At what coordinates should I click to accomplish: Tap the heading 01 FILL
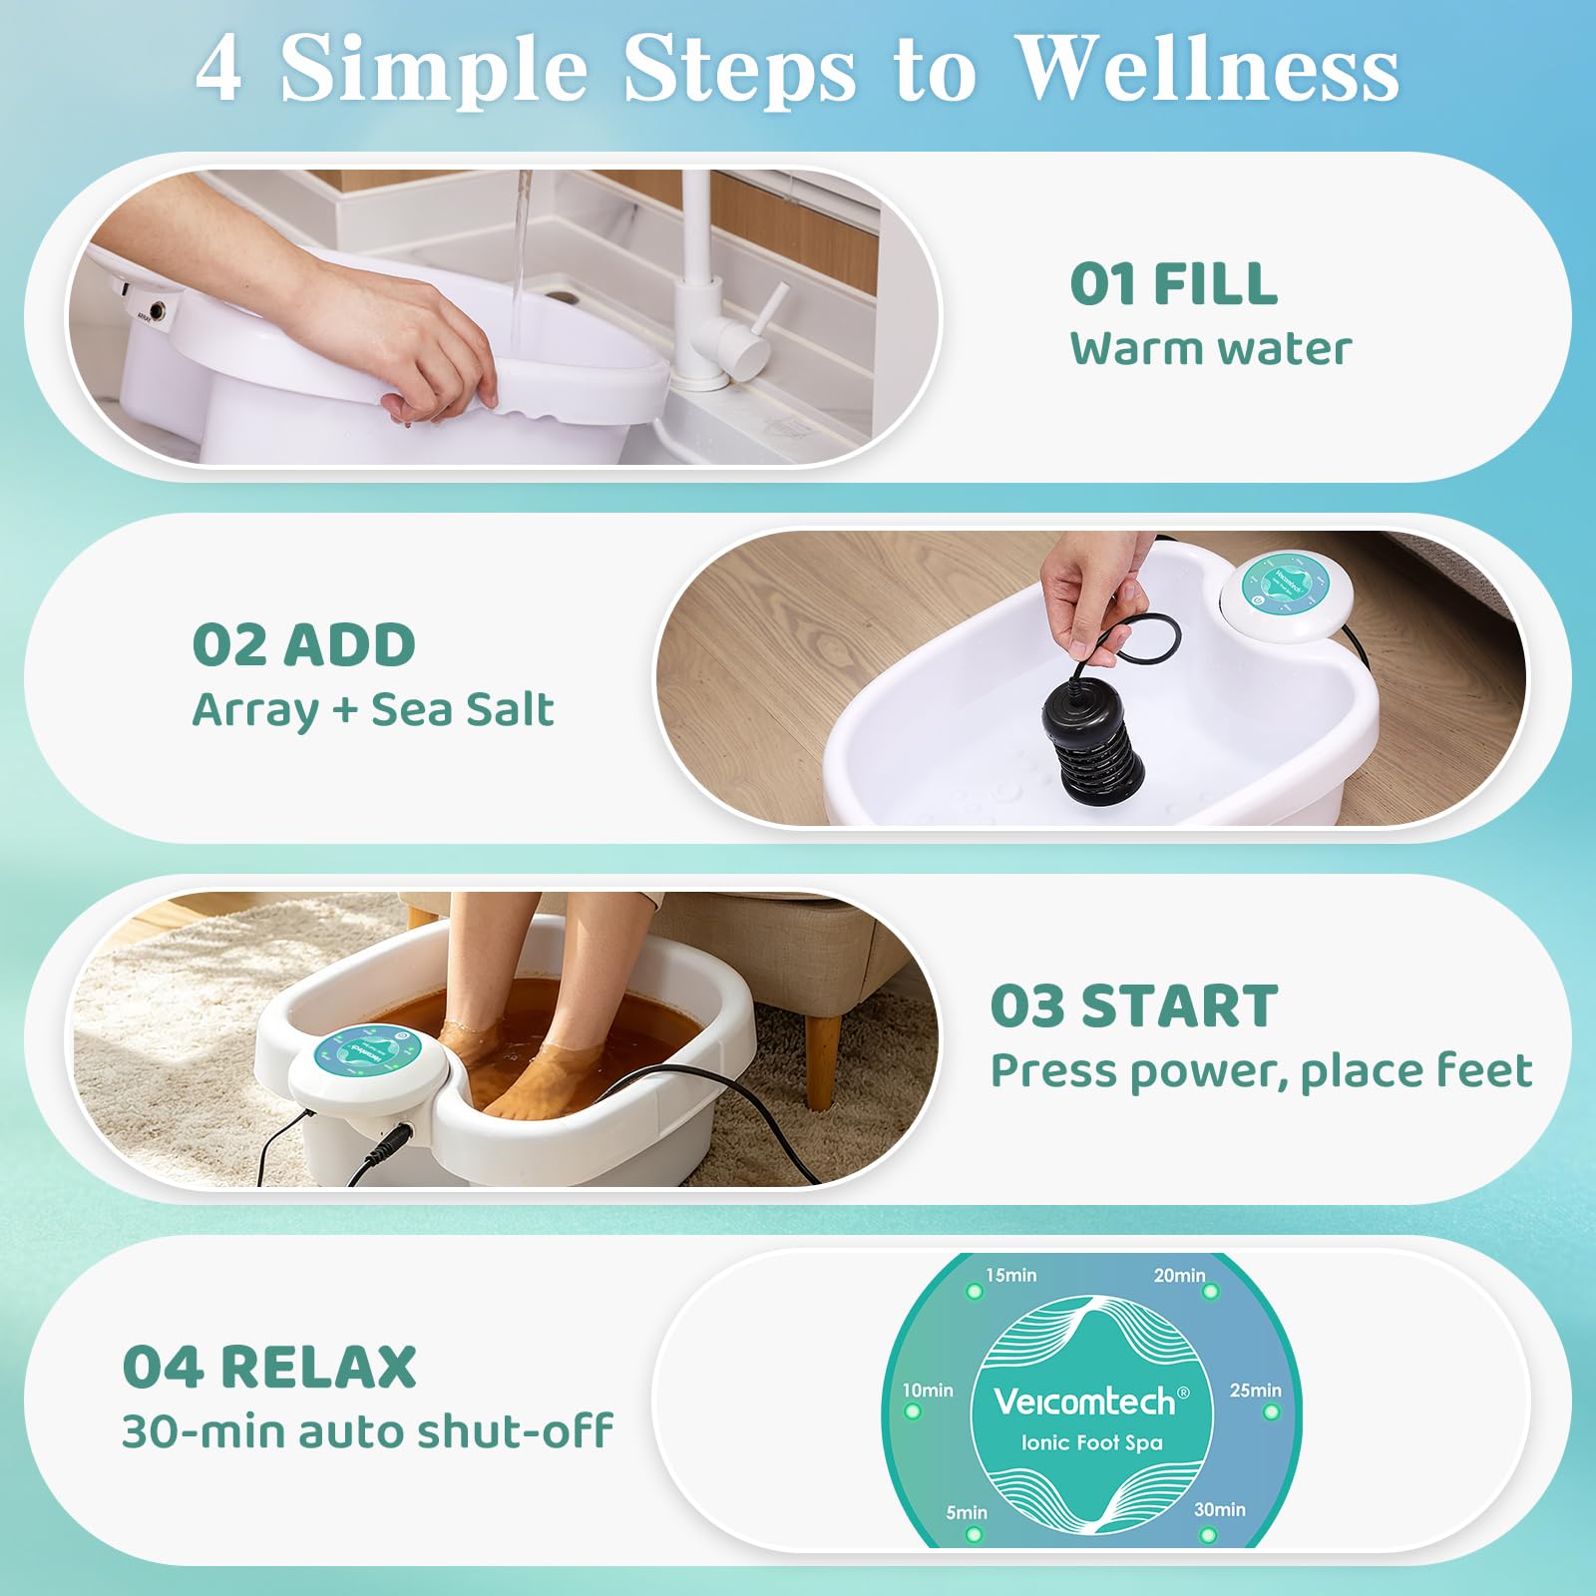[x=1173, y=284]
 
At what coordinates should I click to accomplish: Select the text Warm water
[x=1211, y=349]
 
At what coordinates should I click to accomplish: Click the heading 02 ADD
[x=304, y=645]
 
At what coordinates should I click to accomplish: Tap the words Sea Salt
[x=462, y=710]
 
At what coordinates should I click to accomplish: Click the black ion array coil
[x=1093, y=733]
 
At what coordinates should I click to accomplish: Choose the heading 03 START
[x=1134, y=1006]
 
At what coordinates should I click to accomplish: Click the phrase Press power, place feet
[x=1261, y=1071]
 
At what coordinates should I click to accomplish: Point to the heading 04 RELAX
[x=269, y=1368]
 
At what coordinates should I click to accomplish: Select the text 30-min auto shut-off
[x=367, y=1432]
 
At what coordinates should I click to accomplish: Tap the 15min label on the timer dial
[x=1011, y=1275]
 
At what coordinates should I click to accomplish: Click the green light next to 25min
[x=1271, y=1412]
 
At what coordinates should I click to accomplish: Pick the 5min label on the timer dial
[x=967, y=1513]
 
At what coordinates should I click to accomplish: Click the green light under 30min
[x=1208, y=1534]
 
